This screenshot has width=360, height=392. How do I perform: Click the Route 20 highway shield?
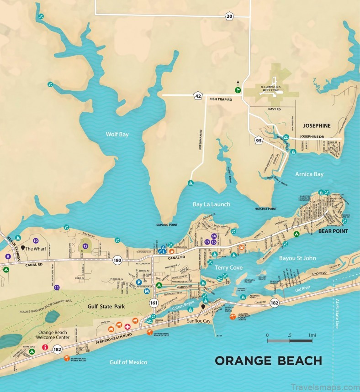[229, 16]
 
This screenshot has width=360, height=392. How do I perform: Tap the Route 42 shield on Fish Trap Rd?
[198, 96]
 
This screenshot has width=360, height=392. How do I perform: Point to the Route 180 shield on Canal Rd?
[118, 260]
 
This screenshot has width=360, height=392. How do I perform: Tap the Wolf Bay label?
[115, 134]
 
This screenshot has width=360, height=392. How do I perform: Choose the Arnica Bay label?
[309, 174]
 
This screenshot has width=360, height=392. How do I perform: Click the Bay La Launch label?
[211, 204]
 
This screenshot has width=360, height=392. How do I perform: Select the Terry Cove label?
[228, 267]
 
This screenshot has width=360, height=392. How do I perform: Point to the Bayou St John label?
[297, 258]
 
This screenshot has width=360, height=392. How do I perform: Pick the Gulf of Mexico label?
[128, 362]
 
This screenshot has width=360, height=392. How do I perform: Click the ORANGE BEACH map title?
[268, 361]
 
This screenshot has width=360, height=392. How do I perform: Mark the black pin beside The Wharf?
[22, 248]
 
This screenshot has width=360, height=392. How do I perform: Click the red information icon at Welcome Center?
[45, 347]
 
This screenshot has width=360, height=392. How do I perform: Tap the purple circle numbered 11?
[57, 287]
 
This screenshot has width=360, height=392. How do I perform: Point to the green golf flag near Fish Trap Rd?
[238, 90]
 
